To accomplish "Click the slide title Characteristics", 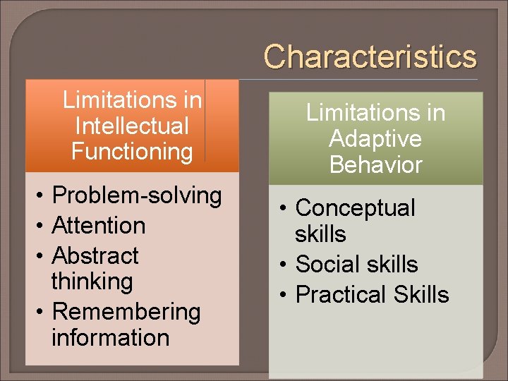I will [370, 57].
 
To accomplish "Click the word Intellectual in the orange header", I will [132, 126].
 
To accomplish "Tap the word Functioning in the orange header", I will [132, 152].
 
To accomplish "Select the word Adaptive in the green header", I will [375, 139].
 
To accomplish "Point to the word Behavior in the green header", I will [375, 165].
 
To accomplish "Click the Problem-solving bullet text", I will [137, 195].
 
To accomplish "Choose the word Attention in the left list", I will [99, 226].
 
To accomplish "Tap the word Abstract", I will [96, 255].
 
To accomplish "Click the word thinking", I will [92, 281].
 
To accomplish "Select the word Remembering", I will [126, 311].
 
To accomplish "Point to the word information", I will [110, 337].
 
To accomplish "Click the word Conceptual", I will [355, 208].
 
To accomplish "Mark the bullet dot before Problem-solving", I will [42, 196].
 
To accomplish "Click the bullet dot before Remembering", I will [42, 312].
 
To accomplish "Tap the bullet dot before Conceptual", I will [282, 209].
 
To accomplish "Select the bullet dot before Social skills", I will [282, 265].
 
